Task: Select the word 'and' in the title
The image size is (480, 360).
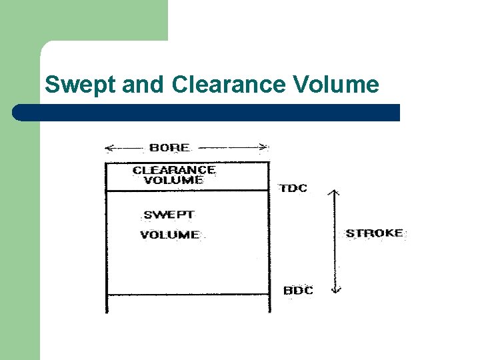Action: pos(141,85)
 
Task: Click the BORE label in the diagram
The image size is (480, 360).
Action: pos(169,147)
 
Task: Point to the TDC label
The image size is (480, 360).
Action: pos(293,188)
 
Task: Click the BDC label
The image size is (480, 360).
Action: pos(298,291)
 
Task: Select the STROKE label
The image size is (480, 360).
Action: pos(375,233)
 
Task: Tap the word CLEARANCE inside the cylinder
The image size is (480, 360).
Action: pos(174,170)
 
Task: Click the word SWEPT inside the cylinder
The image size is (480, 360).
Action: pos(169,215)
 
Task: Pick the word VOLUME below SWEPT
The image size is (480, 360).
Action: pos(169,235)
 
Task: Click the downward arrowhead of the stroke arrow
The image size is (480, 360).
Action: pos(336,289)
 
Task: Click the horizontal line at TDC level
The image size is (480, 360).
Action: pos(187,191)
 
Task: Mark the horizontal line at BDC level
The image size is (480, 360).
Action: pos(187,294)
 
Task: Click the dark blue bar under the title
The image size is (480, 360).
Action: pos(207,113)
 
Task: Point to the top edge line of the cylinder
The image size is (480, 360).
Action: pos(187,162)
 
